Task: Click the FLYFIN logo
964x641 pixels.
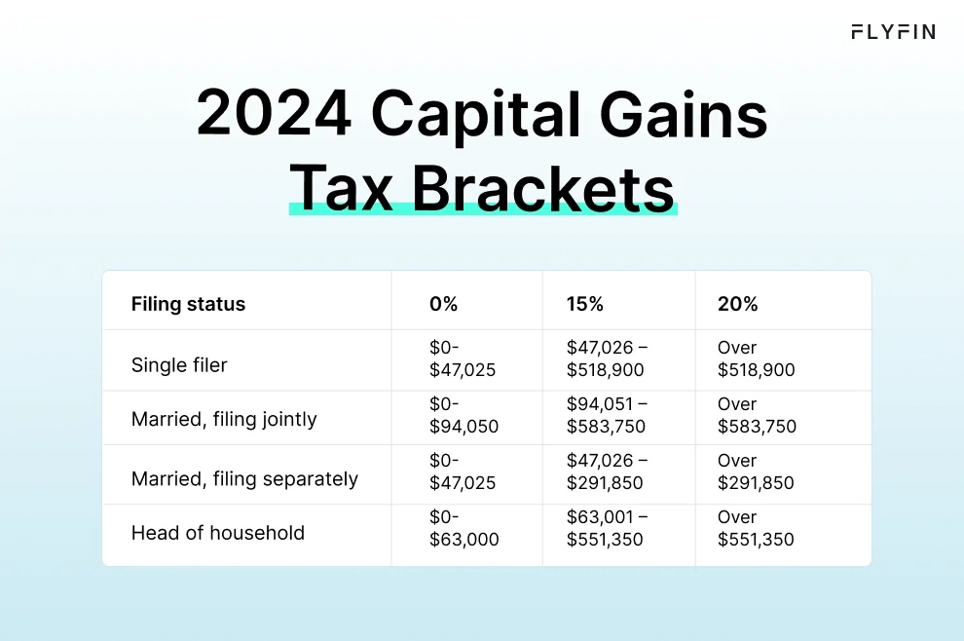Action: click(x=893, y=32)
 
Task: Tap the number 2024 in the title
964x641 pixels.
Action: click(x=274, y=115)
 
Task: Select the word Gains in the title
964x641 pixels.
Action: click(x=684, y=115)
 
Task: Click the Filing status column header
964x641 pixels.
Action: click(x=188, y=304)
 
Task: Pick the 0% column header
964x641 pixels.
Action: click(x=443, y=304)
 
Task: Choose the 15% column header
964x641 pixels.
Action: click(x=584, y=304)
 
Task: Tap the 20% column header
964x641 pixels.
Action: click(x=737, y=304)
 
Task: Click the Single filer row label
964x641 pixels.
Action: click(x=179, y=365)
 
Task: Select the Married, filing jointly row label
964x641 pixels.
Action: click(x=224, y=420)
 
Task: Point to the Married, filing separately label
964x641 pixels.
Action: click(x=244, y=478)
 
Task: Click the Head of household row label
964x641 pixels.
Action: click(x=217, y=533)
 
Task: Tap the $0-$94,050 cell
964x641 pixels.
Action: click(x=463, y=415)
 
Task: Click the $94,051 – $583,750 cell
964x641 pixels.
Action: click(x=607, y=415)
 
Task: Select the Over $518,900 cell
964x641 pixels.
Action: click(x=756, y=358)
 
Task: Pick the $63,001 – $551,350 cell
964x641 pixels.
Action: click(x=607, y=528)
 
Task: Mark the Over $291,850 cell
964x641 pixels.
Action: click(x=756, y=471)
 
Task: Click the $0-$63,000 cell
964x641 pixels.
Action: click(x=463, y=528)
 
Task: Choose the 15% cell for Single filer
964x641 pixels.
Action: click(x=607, y=358)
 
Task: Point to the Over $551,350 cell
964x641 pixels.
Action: click(x=756, y=528)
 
